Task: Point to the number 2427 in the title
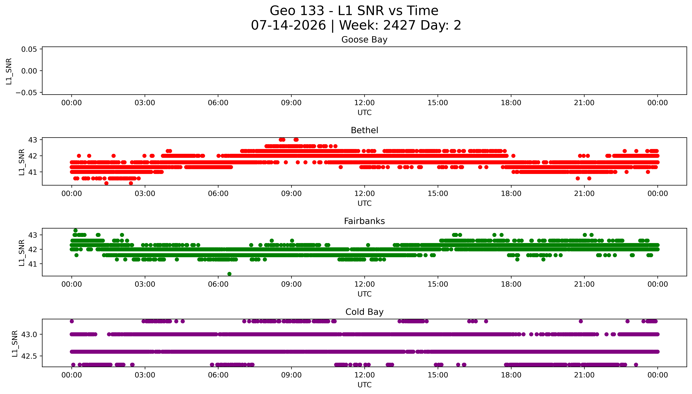[399, 25]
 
